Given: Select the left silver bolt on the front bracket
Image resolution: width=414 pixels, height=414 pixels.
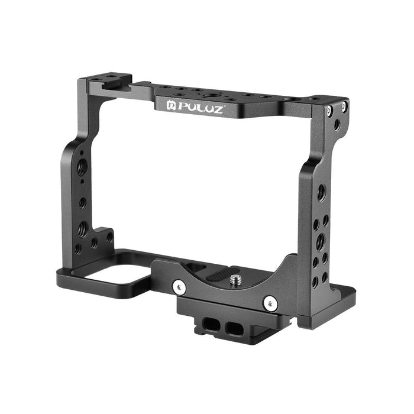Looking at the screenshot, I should pyautogui.click(x=179, y=287).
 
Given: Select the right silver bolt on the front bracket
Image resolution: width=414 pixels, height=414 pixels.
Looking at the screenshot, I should pyautogui.click(x=270, y=303).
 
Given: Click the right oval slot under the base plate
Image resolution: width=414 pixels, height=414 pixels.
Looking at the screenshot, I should pyautogui.click(x=228, y=329).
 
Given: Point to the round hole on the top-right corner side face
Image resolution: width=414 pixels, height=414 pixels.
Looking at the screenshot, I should pyautogui.click(x=336, y=125).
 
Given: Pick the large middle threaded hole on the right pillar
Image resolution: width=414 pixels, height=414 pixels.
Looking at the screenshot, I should pyautogui.click(x=320, y=240).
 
